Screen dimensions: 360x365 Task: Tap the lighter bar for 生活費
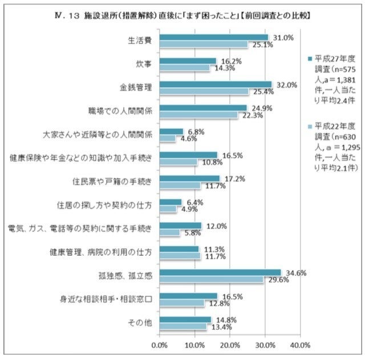coord(204,44)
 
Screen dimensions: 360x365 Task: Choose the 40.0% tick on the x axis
coord(300,345)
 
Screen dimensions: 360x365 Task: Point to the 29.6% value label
coord(276,279)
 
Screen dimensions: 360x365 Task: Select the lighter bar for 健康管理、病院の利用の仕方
coord(180,256)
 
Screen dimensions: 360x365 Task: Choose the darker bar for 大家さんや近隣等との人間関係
coord(172,132)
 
